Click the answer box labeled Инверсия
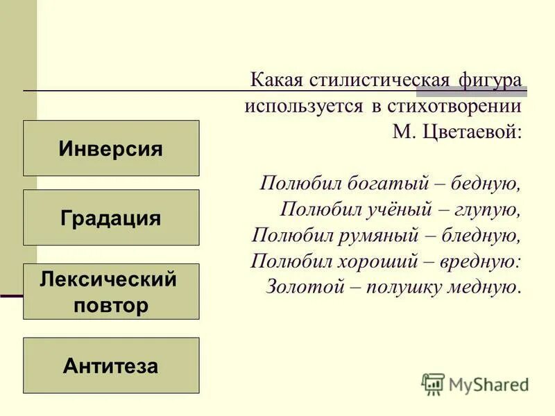[x=111, y=148]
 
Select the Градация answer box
[x=111, y=218]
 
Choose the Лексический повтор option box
[x=111, y=292]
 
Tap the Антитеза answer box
[x=111, y=365]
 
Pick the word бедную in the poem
[x=485, y=184]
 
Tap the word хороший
[x=372, y=261]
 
